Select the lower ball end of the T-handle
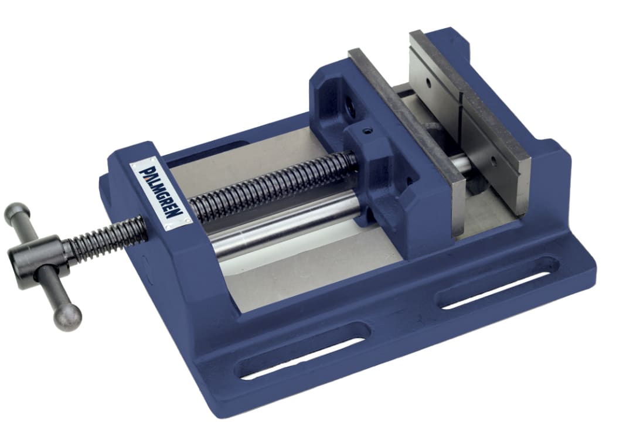pos(67,317)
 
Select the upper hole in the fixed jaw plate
pos(428,84)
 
